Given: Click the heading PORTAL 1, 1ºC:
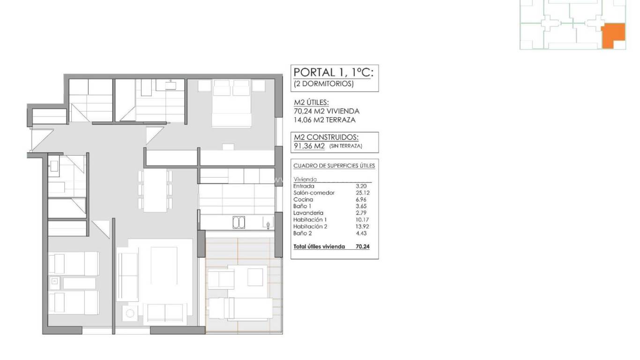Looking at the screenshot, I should click(x=334, y=72).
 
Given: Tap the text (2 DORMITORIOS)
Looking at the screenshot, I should click(x=324, y=84).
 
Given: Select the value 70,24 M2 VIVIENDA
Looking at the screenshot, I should click(x=327, y=111).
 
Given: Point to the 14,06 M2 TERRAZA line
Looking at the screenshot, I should click(x=324, y=120).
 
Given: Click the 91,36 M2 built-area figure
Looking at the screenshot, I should click(x=309, y=146).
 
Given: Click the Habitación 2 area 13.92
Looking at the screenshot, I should click(x=361, y=226).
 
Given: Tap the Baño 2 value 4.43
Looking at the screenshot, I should click(x=361, y=232).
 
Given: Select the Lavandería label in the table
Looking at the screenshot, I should click(x=308, y=212).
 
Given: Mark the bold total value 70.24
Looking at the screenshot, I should click(x=363, y=246).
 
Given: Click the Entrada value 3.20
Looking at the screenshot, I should click(x=361, y=186).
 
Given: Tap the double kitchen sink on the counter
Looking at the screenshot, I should click(x=239, y=223).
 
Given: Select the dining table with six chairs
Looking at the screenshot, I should click(x=155, y=190).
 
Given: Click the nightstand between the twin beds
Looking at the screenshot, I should click(x=54, y=282).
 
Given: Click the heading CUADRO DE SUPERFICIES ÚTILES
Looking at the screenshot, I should click(x=334, y=166).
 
